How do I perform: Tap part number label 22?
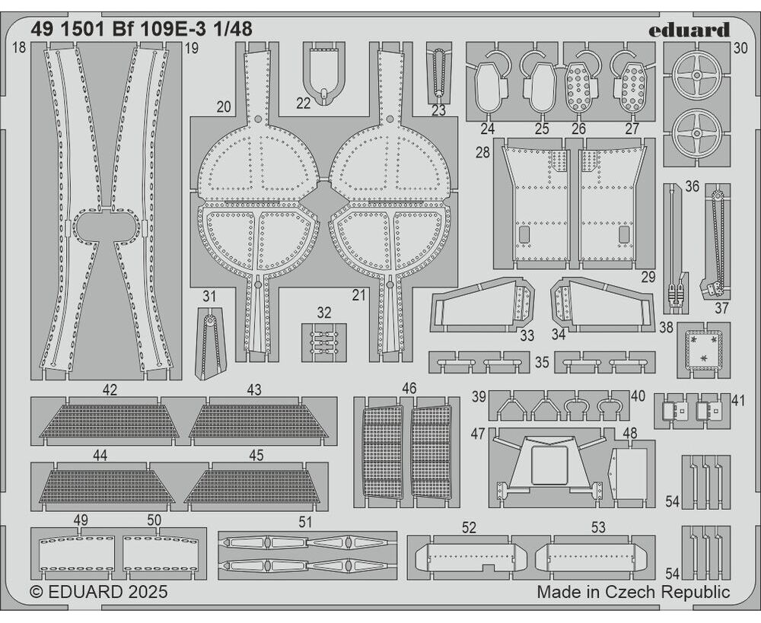pyautogui.click(x=304, y=103)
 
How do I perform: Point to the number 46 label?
pyautogui.click(x=409, y=389)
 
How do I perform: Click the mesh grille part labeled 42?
pyautogui.click(x=109, y=421)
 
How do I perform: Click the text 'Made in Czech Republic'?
pyautogui.click(x=632, y=592)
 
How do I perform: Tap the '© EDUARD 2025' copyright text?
pyautogui.click(x=99, y=592)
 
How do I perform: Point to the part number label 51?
pyautogui.click(x=305, y=522)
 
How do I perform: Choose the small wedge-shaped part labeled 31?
pyautogui.click(x=209, y=345)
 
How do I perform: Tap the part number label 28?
pyautogui.click(x=482, y=153)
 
